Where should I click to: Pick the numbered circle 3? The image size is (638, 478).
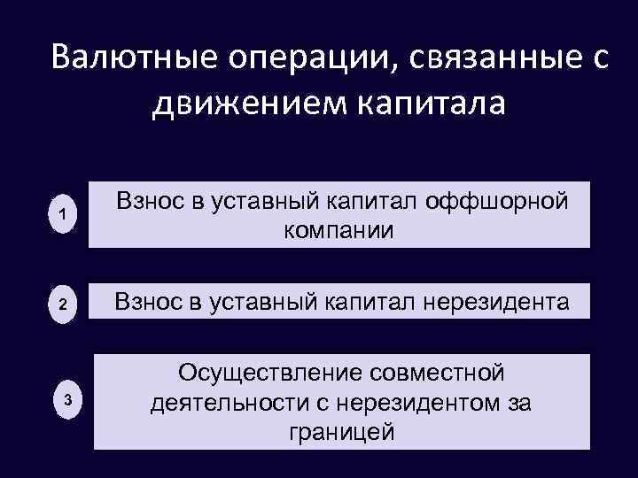coord(67,401)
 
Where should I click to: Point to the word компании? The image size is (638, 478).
coord(340,231)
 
